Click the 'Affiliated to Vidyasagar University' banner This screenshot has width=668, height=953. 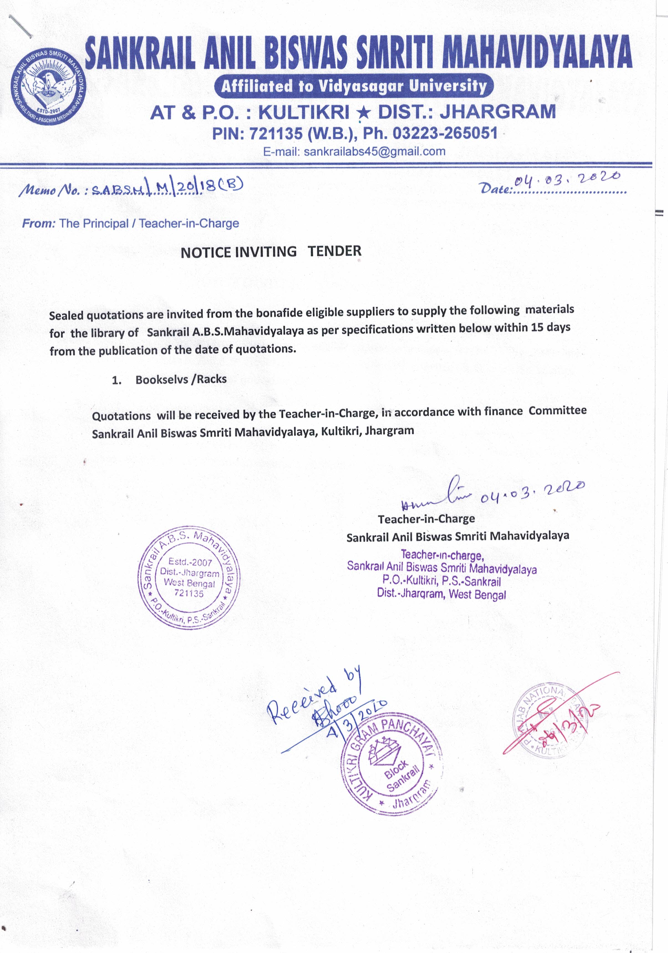point(354,86)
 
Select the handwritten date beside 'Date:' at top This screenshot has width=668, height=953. point(567,180)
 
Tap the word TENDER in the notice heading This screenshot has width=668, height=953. point(334,251)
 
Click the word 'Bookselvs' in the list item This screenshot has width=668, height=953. point(162,380)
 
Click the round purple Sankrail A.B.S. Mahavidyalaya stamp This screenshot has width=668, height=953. point(189,577)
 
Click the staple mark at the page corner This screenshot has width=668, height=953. point(20,26)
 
